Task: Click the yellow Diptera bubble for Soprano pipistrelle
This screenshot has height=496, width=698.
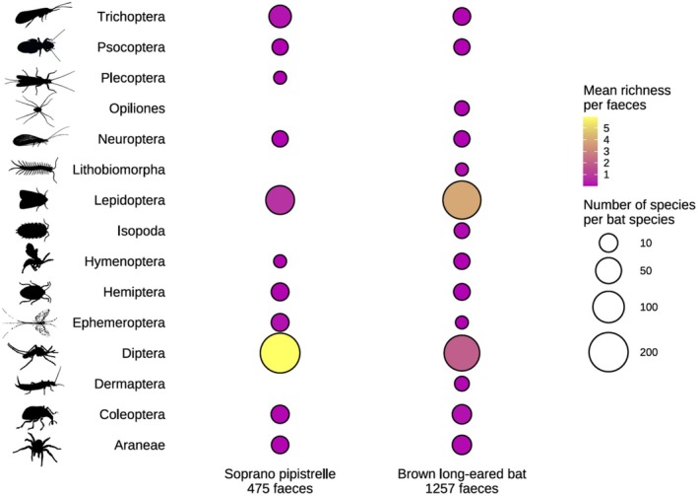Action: tap(280, 353)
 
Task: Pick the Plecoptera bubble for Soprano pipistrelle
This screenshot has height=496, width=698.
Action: tap(280, 77)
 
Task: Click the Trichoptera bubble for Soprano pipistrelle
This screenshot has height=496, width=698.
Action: tap(280, 16)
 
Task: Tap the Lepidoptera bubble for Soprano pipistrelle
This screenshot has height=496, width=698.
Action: tap(280, 200)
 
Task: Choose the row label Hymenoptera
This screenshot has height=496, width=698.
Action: tap(138, 261)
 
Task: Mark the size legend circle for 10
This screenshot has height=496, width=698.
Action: tap(608, 243)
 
